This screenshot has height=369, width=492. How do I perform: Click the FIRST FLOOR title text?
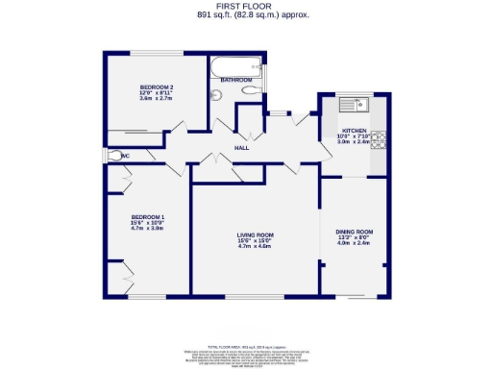245,7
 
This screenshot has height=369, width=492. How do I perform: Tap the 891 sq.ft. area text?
245,15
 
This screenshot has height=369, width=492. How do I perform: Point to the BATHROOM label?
236,79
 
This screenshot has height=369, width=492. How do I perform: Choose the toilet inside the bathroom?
217,94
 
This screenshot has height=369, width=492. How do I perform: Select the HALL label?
243,148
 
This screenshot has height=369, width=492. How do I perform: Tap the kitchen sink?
359,104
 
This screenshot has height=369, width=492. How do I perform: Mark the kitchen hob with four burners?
379,140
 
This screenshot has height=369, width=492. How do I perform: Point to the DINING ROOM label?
354,232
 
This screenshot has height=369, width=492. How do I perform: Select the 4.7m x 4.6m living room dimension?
256,247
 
